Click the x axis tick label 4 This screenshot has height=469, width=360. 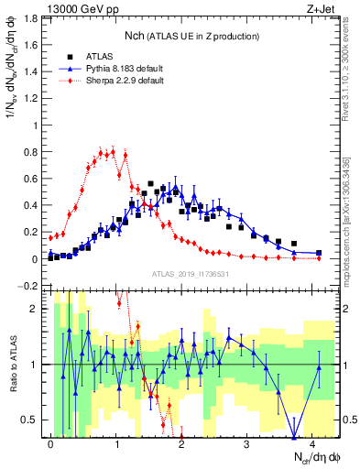pos(312,442)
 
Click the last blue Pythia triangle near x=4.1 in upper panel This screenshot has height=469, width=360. pos(319,252)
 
